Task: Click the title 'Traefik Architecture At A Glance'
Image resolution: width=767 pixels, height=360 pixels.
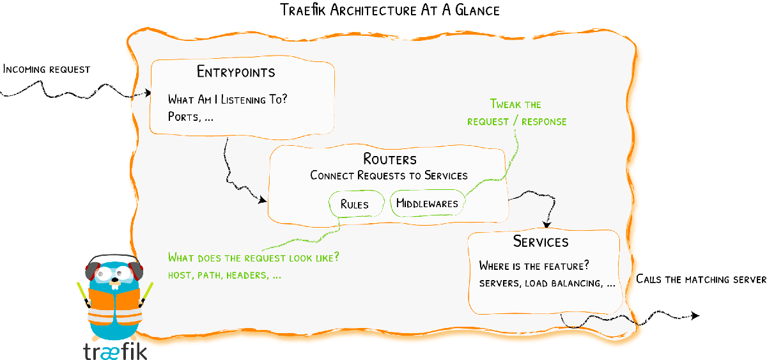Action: (390, 11)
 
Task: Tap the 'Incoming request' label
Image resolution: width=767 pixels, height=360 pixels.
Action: (47, 68)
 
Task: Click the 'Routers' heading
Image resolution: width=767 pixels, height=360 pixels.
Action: (390, 159)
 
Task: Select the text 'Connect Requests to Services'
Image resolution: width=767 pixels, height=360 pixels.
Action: (389, 175)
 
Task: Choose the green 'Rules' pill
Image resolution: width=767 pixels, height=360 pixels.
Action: (355, 204)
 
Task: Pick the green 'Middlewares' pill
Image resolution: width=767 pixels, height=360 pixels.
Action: (427, 204)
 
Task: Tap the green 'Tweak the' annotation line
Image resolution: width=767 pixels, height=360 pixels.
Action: (516, 104)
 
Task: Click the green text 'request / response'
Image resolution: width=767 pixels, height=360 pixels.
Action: (516, 121)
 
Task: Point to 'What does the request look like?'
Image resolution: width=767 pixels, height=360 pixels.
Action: (253, 258)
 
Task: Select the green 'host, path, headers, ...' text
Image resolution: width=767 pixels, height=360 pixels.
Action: (224, 276)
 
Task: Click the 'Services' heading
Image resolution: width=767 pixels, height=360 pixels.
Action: (541, 242)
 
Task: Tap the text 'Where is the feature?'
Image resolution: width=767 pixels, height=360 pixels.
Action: (534, 265)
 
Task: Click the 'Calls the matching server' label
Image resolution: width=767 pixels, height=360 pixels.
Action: (701, 279)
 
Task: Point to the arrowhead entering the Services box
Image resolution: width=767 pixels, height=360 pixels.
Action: (547, 225)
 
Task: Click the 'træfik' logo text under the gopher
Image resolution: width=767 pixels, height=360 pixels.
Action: (115, 351)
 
